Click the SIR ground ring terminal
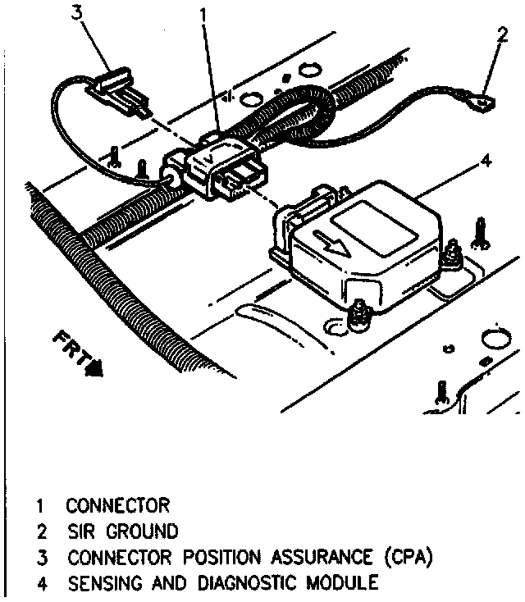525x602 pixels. pyautogui.click(x=484, y=103)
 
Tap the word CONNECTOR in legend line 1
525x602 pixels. pyautogui.click(x=118, y=504)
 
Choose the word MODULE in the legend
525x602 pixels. pyautogui.click(x=345, y=584)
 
